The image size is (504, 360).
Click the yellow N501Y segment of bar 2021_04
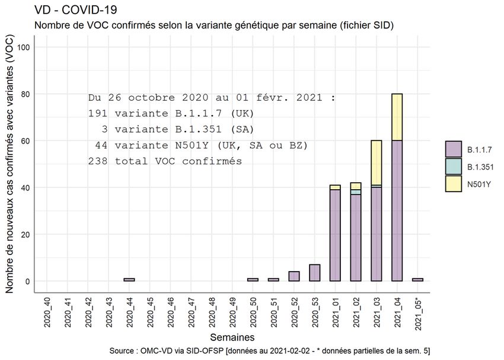397,117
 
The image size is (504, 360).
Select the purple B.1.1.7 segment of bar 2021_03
377,234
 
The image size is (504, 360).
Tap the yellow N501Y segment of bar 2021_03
377,163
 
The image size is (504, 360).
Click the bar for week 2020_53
315,273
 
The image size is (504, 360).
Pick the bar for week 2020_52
294,276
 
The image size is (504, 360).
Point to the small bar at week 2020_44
129,280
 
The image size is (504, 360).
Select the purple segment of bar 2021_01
335,235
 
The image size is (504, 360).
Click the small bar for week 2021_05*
418,280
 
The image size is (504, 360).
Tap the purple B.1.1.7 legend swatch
454,149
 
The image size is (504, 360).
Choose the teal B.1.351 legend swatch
454,167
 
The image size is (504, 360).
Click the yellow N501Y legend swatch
454,184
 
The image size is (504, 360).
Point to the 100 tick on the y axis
24,47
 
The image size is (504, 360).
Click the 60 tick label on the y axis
25,141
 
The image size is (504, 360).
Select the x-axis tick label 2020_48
212,312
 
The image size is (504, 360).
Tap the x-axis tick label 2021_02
356,312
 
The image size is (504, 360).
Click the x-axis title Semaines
232,337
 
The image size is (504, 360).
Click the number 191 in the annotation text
98,113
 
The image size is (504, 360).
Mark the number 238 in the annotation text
98,161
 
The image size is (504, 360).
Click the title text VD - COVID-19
76,10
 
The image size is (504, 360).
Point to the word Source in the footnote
122,351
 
